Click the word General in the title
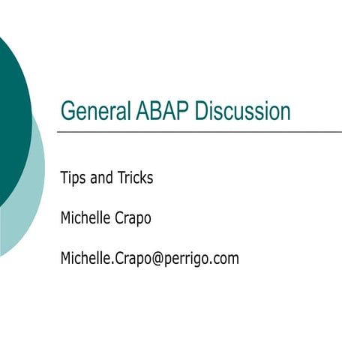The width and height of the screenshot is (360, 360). click(x=97, y=111)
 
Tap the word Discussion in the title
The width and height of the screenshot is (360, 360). click(x=242, y=111)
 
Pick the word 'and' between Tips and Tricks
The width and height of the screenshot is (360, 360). click(x=102, y=178)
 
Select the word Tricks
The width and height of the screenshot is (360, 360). click(x=136, y=178)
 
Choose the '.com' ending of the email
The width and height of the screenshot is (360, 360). click(x=224, y=259)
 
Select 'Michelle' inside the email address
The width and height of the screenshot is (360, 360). click(x=85, y=259)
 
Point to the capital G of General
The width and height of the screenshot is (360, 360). click(x=67, y=111)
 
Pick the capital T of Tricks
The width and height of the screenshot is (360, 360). click(x=121, y=178)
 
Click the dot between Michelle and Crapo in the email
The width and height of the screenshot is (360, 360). click(x=112, y=263)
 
